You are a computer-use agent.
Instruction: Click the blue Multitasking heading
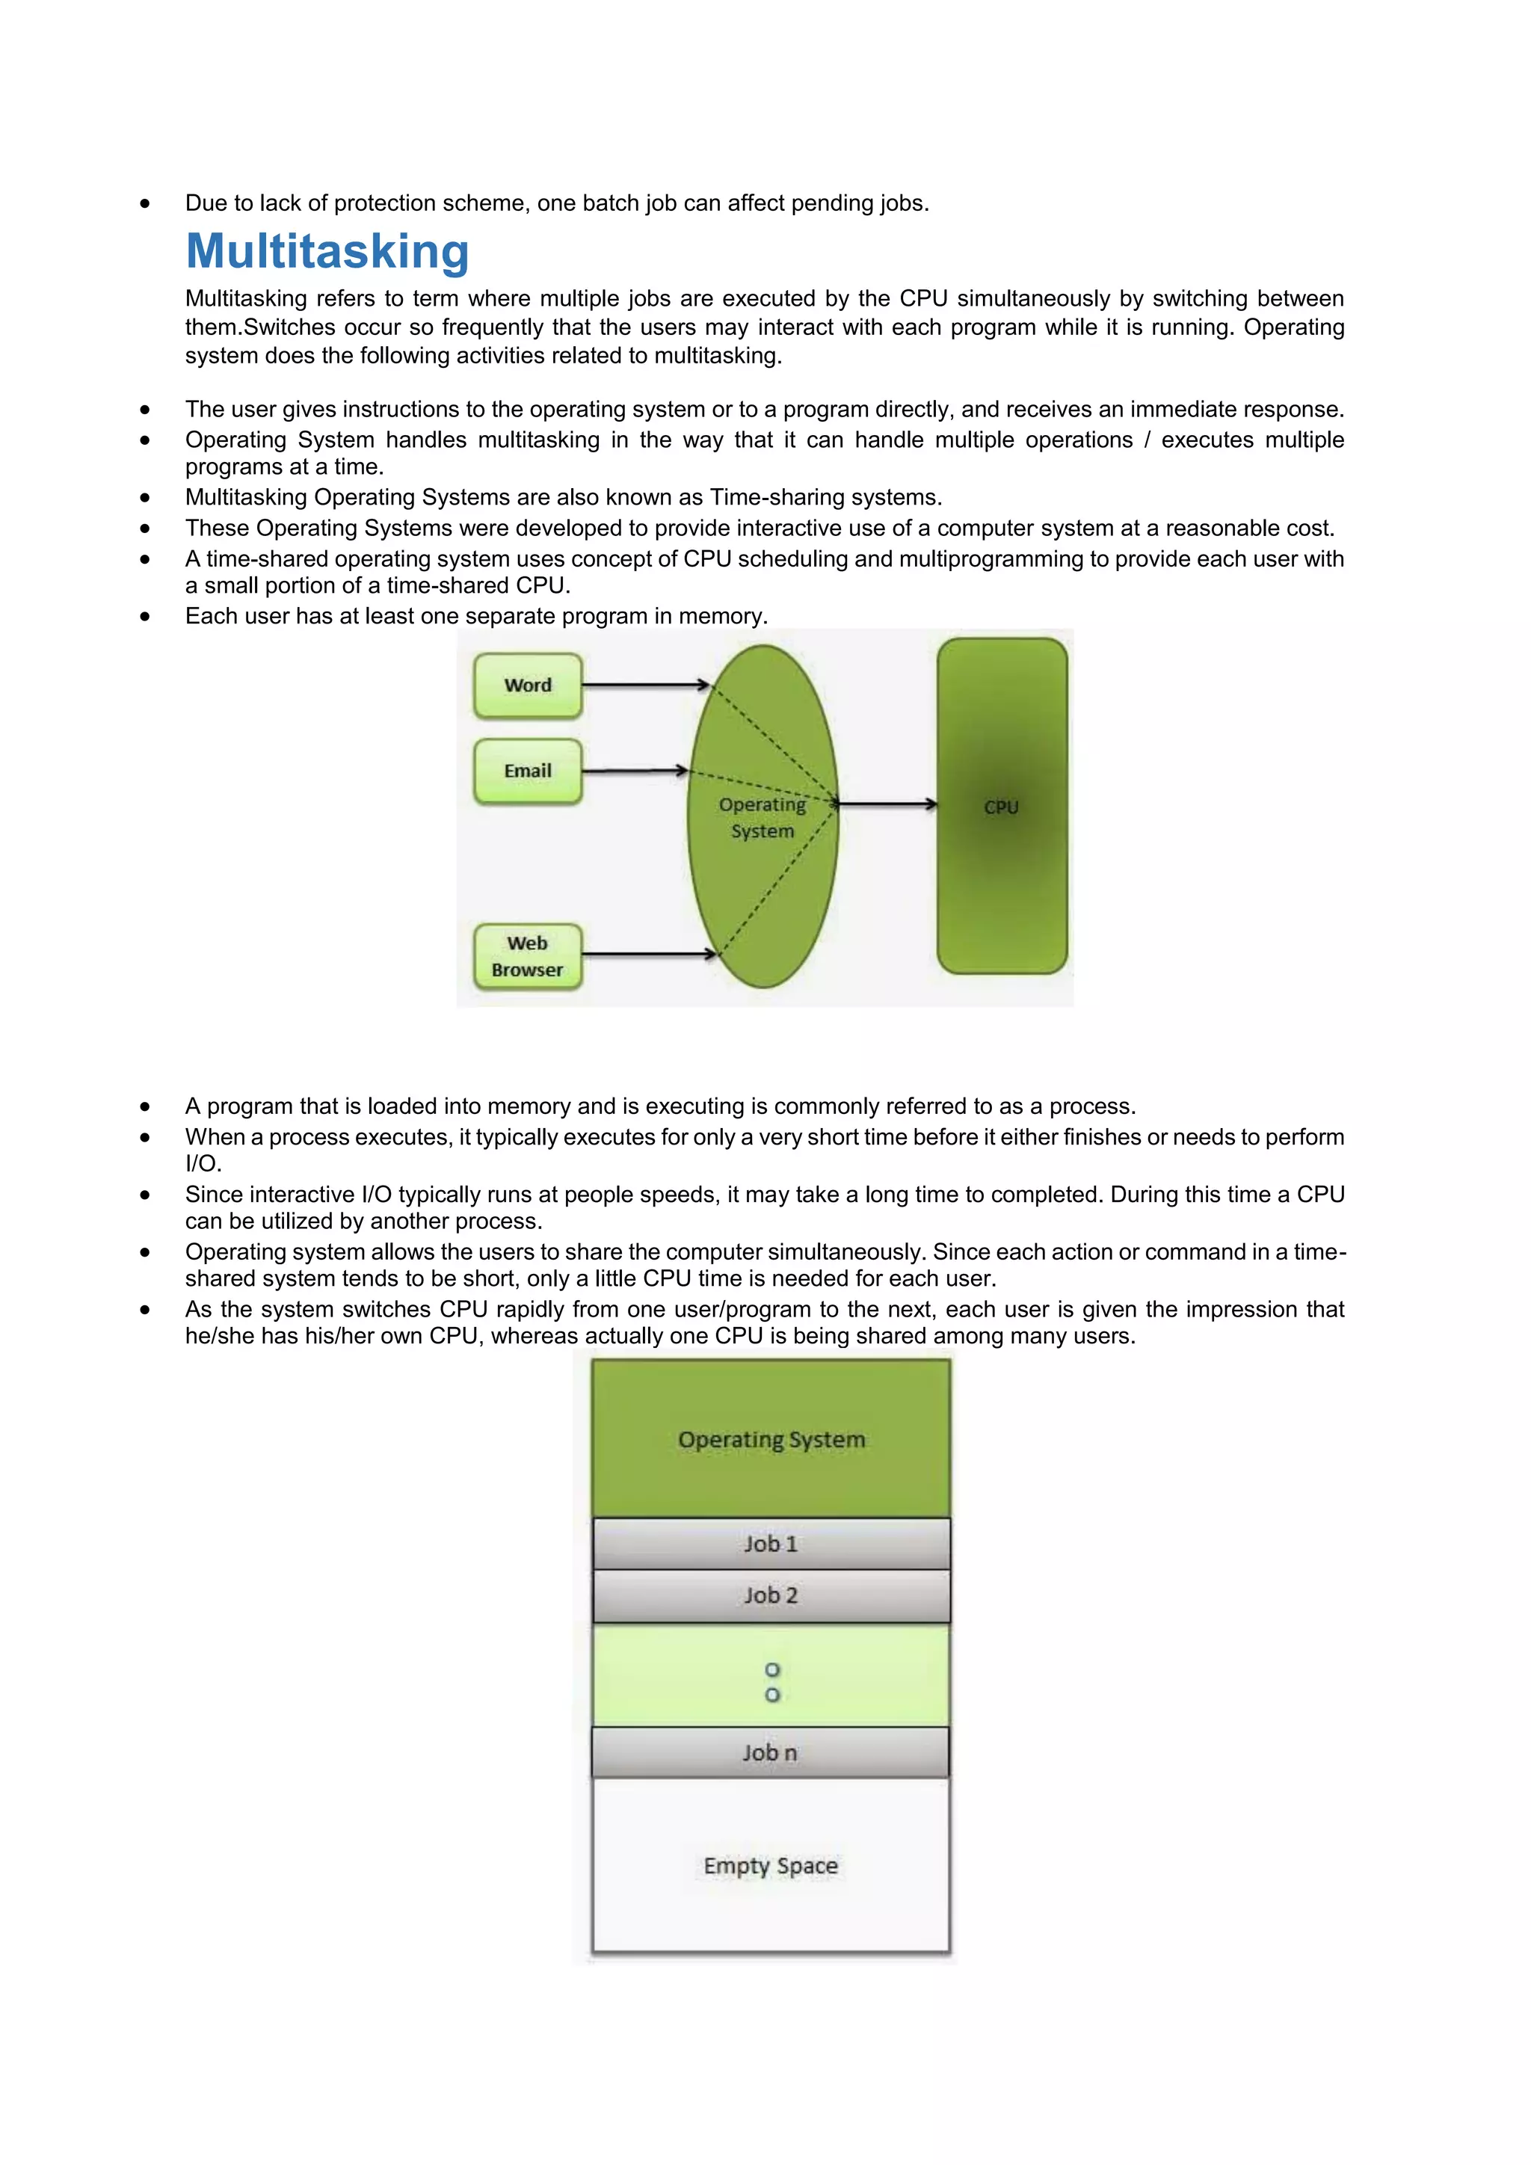point(327,252)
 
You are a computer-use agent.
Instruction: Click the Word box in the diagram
point(527,686)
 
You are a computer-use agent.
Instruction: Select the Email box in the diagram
point(527,772)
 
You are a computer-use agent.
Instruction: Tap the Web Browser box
point(527,956)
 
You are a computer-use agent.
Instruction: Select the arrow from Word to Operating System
point(645,685)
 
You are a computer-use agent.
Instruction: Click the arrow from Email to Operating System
point(635,772)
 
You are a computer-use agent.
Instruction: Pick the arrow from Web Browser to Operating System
point(649,954)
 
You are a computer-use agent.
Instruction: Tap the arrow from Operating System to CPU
point(886,804)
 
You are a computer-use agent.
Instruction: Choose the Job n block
point(769,1753)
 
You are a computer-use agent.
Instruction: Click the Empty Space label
point(770,1865)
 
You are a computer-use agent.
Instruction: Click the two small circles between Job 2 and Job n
point(772,1682)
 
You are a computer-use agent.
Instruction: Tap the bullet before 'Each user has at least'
point(145,617)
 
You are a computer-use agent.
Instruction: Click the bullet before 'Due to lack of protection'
point(145,203)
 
